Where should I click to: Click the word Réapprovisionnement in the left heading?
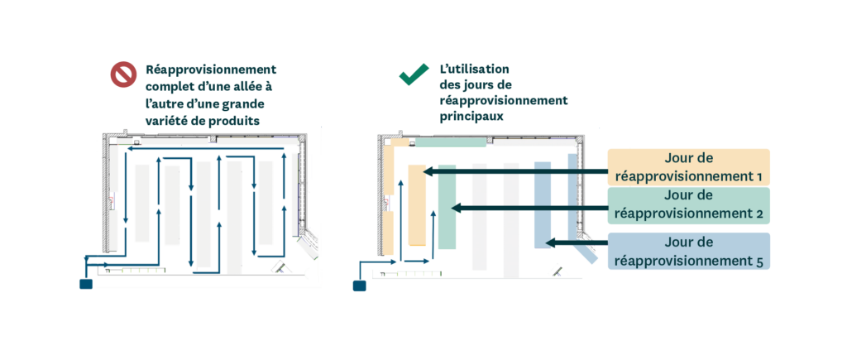[211, 70]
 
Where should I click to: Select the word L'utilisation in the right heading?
[475, 70]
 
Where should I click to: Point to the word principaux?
[471, 117]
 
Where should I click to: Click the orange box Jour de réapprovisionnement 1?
[688, 166]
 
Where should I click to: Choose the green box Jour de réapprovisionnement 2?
[688, 204]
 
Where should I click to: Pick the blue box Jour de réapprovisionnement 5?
[688, 251]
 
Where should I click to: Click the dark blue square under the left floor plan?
[85, 285]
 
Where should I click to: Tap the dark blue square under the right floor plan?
[360, 286]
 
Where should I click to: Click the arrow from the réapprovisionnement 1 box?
[513, 171]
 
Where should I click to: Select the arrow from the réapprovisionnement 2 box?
[529, 209]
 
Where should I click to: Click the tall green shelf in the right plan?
[447, 207]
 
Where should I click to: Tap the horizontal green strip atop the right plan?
[450, 142]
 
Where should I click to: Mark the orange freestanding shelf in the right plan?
[416, 205]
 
